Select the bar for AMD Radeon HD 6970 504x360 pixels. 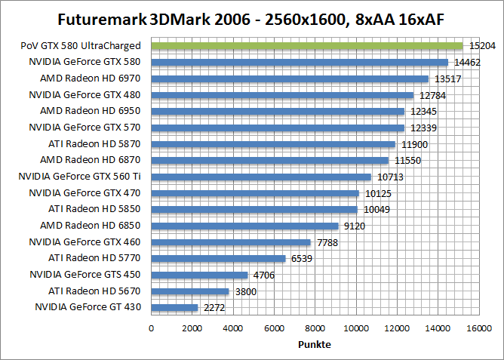coord(290,78)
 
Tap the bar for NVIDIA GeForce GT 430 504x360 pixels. coord(174,307)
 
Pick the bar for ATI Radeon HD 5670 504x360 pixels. coord(190,291)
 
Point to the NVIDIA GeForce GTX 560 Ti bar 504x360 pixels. coord(261,177)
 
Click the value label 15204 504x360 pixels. coord(483,46)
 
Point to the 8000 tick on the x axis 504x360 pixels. coord(315,328)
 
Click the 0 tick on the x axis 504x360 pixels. coord(152,328)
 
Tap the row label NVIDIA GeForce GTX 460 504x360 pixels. coord(85,242)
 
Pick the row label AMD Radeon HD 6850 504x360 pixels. coord(91,226)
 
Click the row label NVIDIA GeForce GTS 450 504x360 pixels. coord(85,275)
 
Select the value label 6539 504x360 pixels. coord(301,258)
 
